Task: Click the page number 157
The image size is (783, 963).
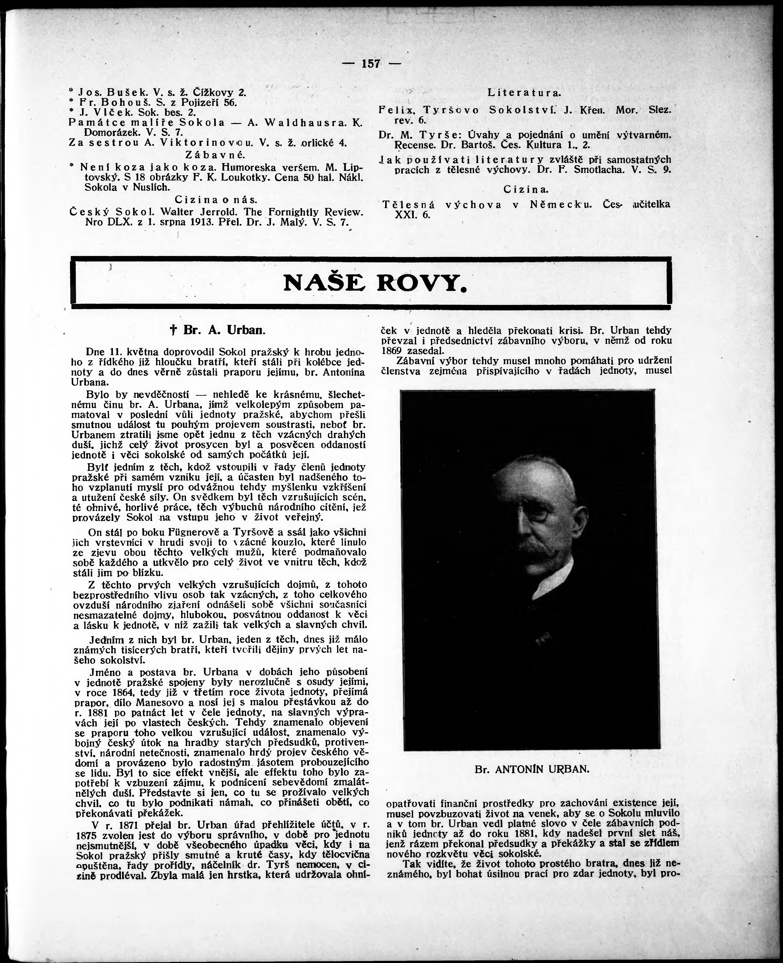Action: click(x=371, y=64)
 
